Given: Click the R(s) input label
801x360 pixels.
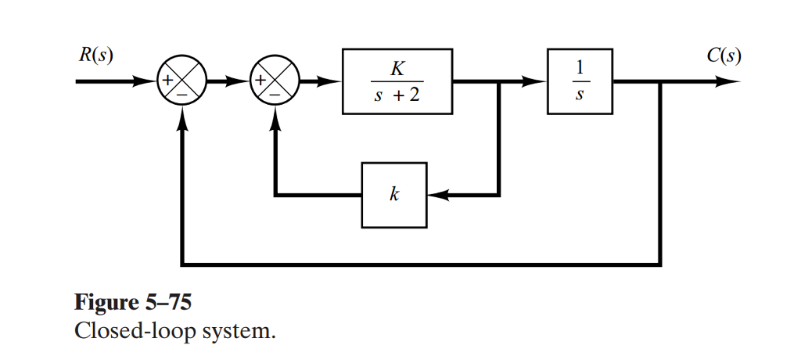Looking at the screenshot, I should click(x=93, y=57).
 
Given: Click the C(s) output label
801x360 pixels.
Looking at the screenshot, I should click(x=723, y=57).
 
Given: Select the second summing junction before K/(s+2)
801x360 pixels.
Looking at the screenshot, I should click(x=274, y=81).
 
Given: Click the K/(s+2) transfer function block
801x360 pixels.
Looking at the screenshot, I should click(x=397, y=81).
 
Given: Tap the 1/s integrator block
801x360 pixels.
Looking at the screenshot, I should click(x=580, y=81).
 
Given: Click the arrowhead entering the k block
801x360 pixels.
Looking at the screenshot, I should click(x=438, y=195).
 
